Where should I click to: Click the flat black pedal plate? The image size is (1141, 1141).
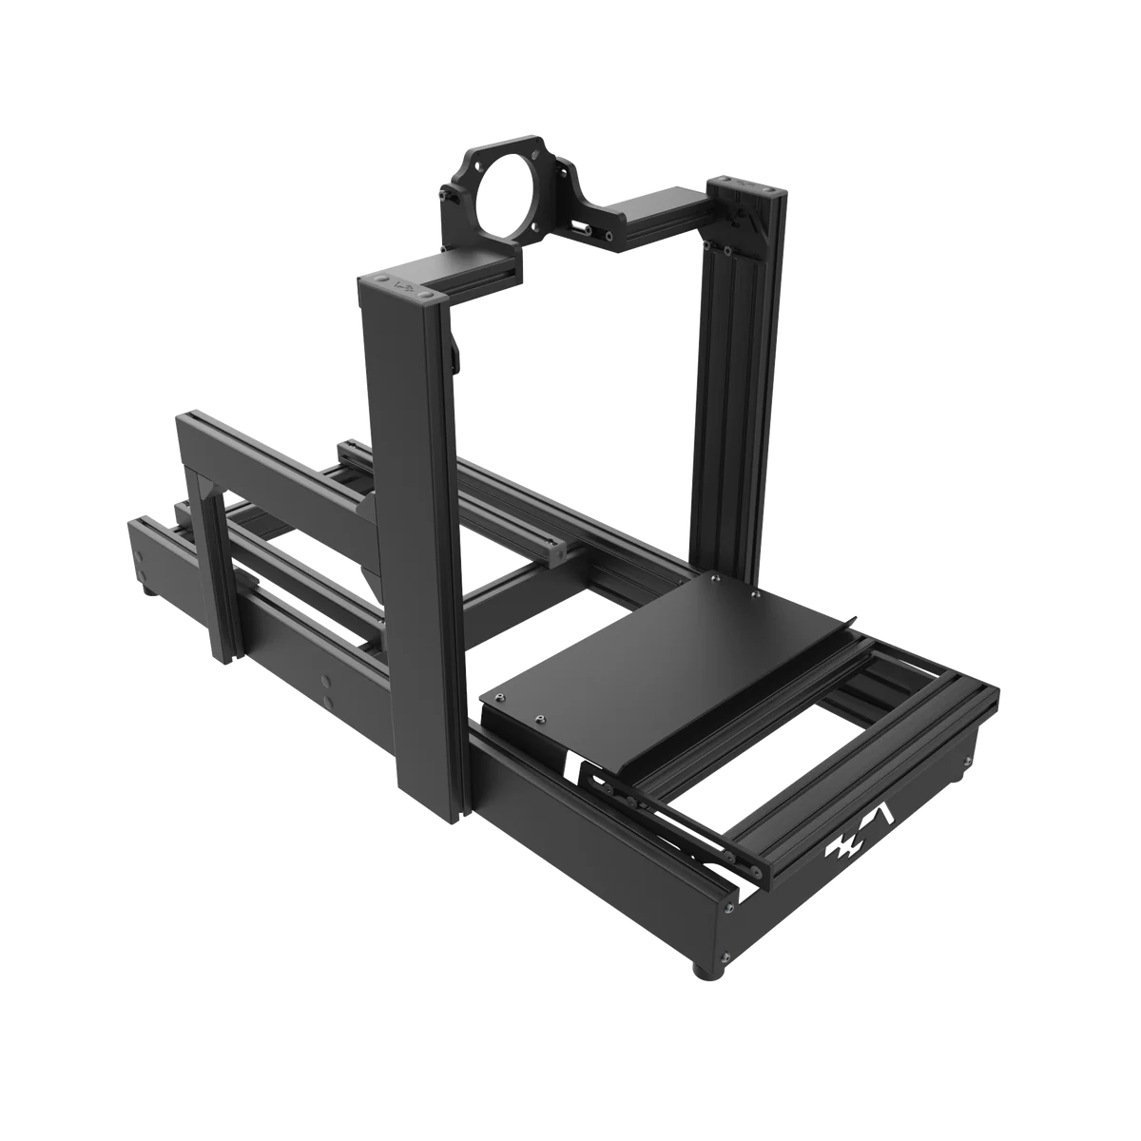tap(656, 656)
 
